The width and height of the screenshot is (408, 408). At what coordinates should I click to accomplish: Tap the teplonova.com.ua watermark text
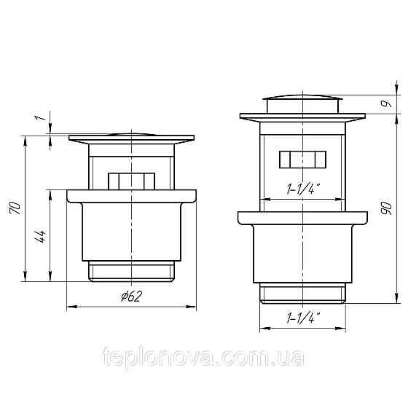tap(205, 358)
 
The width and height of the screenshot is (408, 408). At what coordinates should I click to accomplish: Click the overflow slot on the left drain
tap(132, 181)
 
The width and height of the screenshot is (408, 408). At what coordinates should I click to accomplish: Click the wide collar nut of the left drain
tap(132, 196)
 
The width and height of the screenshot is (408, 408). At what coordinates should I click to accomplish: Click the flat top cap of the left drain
tap(132, 137)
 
